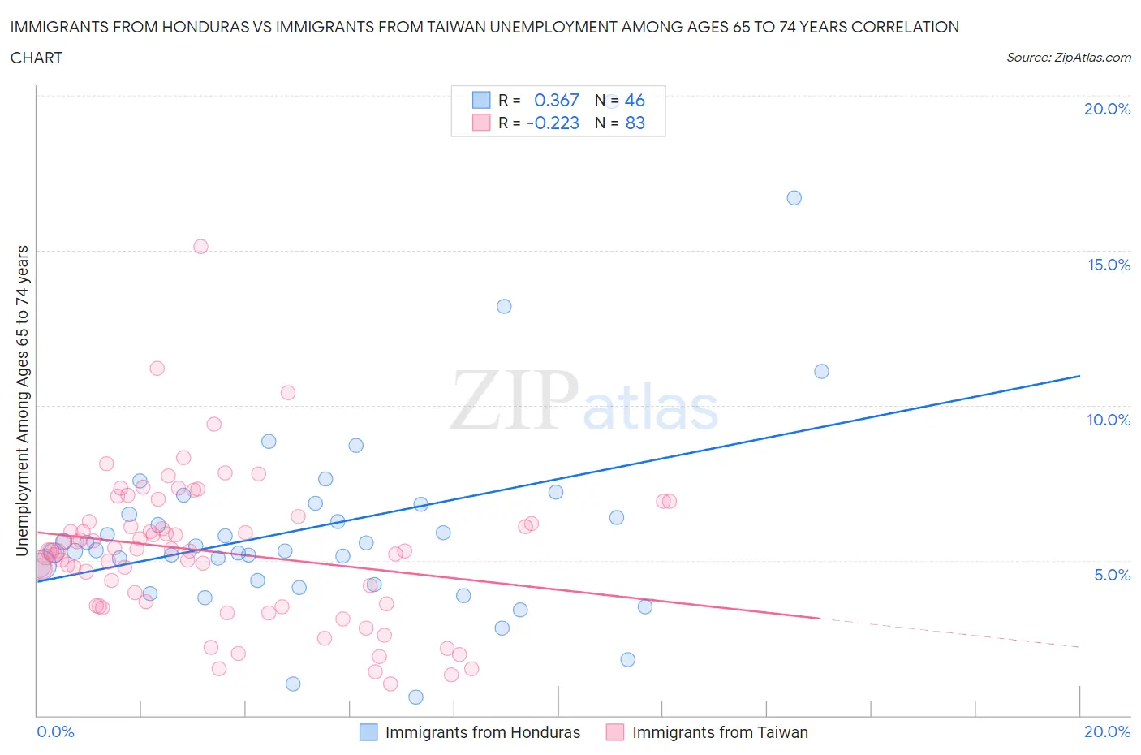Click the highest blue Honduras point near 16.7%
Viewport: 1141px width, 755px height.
point(794,198)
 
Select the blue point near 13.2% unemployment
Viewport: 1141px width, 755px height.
point(504,307)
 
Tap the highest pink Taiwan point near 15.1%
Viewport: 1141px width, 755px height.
point(200,247)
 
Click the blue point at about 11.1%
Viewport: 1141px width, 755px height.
point(821,372)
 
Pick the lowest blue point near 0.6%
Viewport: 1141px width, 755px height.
point(415,697)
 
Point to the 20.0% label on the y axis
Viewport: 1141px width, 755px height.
point(1107,109)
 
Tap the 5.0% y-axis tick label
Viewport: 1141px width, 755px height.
point(1112,575)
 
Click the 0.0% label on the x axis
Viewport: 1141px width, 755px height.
point(55,731)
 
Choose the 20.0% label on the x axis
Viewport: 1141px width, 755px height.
point(1107,731)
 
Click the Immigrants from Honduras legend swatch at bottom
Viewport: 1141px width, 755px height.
point(368,732)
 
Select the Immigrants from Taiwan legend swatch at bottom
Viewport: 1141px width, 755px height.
point(615,732)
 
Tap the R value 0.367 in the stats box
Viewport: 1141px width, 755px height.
point(556,100)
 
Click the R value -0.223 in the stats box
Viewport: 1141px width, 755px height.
point(553,123)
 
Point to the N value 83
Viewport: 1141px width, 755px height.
point(635,123)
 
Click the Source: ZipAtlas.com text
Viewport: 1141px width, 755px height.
point(1068,58)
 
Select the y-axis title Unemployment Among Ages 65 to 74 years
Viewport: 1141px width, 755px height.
point(23,401)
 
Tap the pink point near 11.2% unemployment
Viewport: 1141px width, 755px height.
point(157,369)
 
